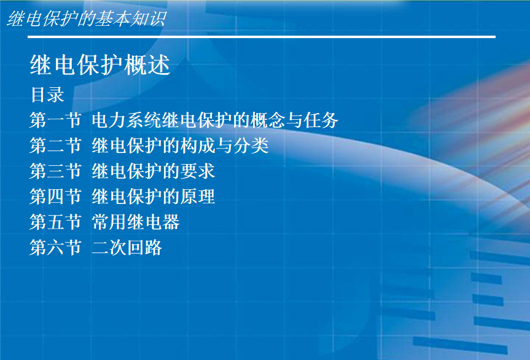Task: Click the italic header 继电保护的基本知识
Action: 87,18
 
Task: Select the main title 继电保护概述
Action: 100,65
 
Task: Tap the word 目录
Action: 47,95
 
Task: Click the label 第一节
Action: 55,120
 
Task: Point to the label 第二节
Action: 55,146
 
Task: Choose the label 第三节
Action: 55,171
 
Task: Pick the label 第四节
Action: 55,197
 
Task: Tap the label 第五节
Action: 55,222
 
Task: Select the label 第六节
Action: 55,247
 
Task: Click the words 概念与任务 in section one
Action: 294,120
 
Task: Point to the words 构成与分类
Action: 224,146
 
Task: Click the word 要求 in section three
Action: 197,171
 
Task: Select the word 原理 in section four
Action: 197,197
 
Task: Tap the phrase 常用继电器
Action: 136,222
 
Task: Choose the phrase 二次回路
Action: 127,247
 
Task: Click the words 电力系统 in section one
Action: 127,120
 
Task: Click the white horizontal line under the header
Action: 262,36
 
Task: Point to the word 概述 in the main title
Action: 147,65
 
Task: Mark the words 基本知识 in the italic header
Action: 131,18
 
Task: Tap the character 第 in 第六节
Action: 38,247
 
